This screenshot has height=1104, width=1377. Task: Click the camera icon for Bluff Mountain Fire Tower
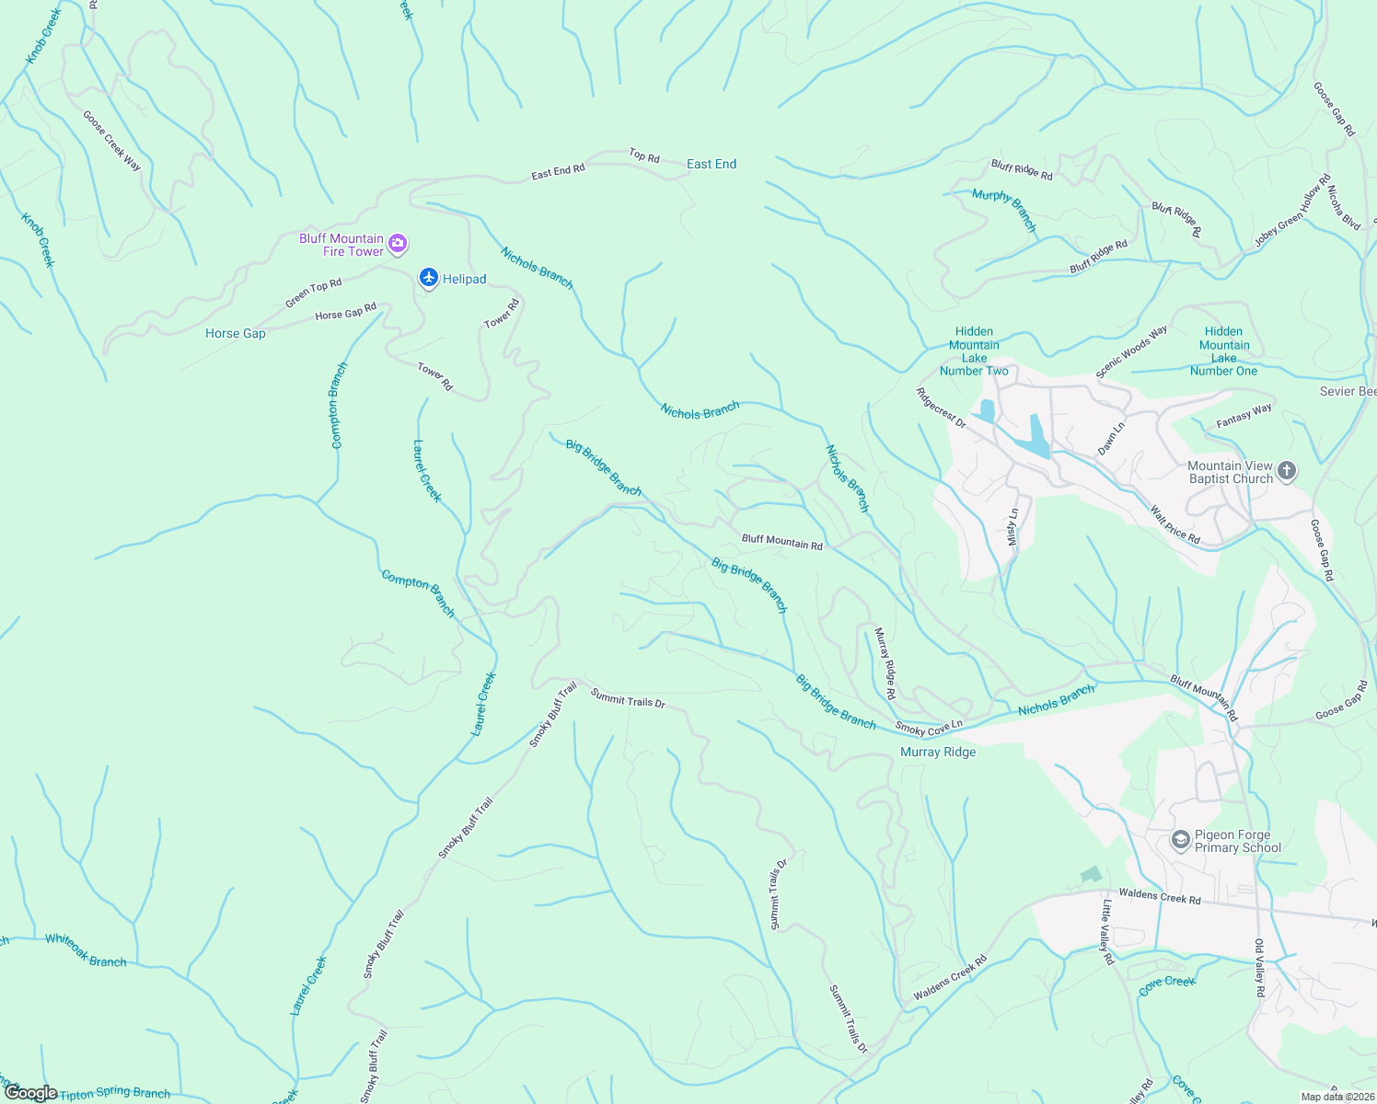[398, 244]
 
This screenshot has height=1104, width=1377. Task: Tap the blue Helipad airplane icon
[428, 278]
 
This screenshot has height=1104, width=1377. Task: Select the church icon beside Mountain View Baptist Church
[1287, 472]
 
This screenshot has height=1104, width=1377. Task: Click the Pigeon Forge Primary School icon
[1179, 840]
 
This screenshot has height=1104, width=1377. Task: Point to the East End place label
[712, 164]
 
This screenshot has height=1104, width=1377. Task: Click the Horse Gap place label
[236, 333]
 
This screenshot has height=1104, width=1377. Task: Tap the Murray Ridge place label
[938, 752]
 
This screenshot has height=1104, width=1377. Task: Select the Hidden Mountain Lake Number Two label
[974, 351]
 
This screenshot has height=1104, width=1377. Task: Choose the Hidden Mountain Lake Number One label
[1223, 351]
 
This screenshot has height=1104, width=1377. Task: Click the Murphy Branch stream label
[1005, 210]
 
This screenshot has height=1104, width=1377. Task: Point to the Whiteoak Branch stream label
[86, 950]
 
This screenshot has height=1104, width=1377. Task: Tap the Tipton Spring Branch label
[115, 1093]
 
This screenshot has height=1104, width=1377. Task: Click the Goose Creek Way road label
[112, 141]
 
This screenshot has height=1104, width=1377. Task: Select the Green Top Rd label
[313, 293]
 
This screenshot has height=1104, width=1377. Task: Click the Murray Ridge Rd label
[885, 663]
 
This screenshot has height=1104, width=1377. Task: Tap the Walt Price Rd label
[1175, 524]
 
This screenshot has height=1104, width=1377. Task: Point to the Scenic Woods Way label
[1131, 351]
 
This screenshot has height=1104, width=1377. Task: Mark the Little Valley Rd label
[1108, 931]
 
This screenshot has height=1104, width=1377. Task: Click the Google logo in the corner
[31, 1093]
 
